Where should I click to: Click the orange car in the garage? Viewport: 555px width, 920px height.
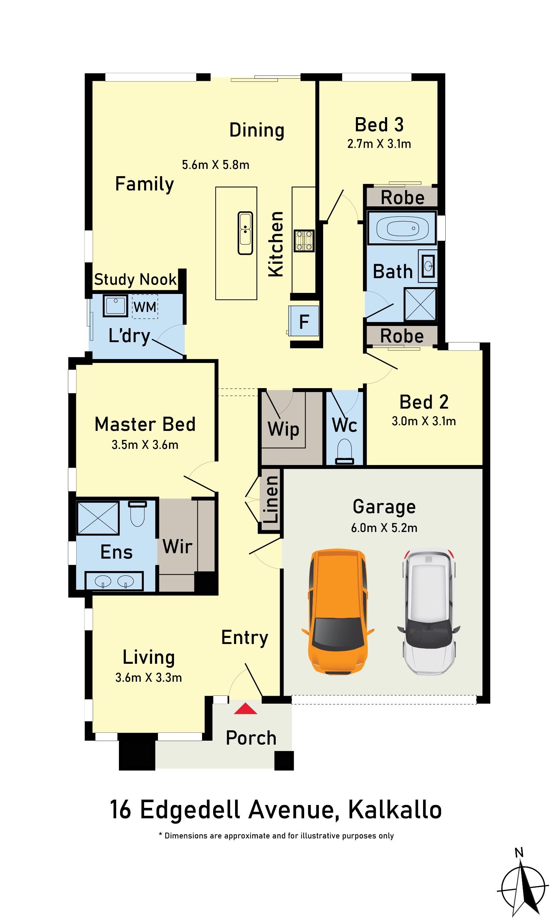click(x=337, y=612)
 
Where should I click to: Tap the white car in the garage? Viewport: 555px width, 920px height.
click(x=428, y=611)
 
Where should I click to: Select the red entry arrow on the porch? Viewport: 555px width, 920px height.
click(x=246, y=709)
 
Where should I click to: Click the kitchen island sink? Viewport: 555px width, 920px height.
click(x=245, y=233)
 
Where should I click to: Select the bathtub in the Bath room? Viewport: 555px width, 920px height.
click(x=402, y=228)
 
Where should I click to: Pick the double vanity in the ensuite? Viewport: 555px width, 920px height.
click(x=114, y=581)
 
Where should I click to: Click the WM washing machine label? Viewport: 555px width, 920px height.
click(x=145, y=307)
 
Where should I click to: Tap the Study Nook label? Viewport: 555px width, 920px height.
click(x=135, y=279)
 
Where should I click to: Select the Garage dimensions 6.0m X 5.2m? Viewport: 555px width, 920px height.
click(x=384, y=528)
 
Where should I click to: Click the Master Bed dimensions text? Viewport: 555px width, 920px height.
click(x=145, y=445)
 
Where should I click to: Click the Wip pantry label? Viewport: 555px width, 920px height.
click(x=283, y=429)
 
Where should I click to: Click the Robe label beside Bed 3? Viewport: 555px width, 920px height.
click(x=402, y=198)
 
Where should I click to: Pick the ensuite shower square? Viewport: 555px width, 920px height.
click(x=98, y=518)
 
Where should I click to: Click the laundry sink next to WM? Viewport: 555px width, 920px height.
click(x=115, y=306)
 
